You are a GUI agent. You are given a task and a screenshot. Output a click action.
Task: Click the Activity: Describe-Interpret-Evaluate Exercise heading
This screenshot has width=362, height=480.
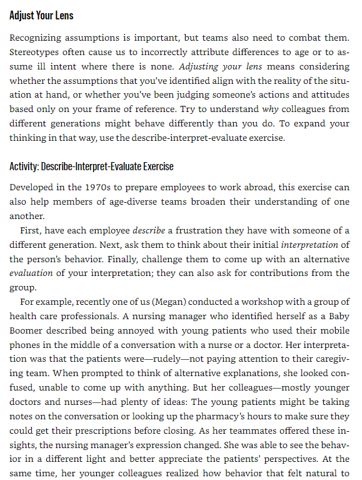point(91,166)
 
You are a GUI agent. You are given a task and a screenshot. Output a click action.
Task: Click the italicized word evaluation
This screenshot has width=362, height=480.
point(31,273)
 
